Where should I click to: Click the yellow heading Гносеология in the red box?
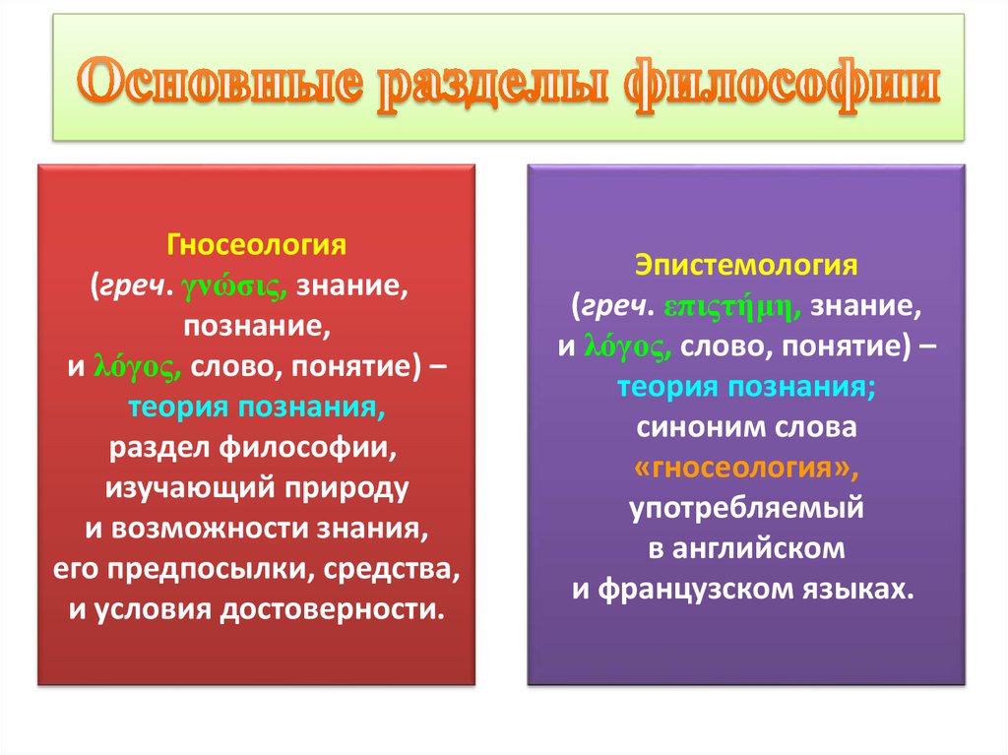click(x=256, y=241)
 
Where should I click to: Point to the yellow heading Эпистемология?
click(x=746, y=265)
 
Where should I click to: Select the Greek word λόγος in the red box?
click(x=137, y=365)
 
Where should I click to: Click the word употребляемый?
click(x=746, y=508)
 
